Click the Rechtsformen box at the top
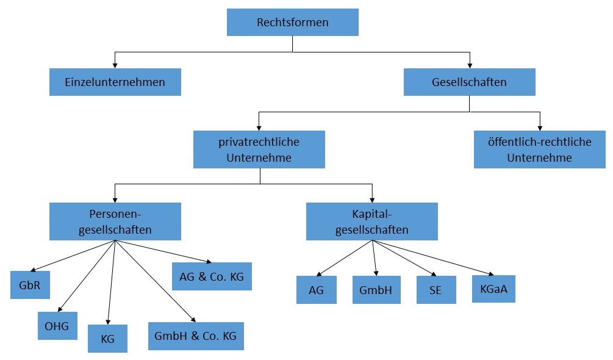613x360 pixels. (x=292, y=23)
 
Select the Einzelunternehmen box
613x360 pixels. (x=115, y=82)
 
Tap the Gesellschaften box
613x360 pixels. (x=469, y=82)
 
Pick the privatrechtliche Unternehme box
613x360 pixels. (x=259, y=149)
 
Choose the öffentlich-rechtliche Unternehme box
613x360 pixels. (x=540, y=149)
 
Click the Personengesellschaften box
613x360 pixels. (x=115, y=222)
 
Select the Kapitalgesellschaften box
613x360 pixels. (x=371, y=222)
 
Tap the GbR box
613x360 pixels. (x=30, y=284)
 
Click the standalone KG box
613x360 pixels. (x=107, y=339)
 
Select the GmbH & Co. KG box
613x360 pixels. (x=196, y=336)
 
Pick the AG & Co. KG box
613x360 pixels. (x=212, y=276)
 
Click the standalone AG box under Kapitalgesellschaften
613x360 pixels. (x=317, y=290)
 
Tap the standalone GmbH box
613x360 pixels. (x=376, y=290)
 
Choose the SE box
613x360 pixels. (x=436, y=290)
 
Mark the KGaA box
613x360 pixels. (x=493, y=289)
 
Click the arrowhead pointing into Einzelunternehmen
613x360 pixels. (x=115, y=65)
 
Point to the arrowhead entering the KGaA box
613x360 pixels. (x=490, y=274)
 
